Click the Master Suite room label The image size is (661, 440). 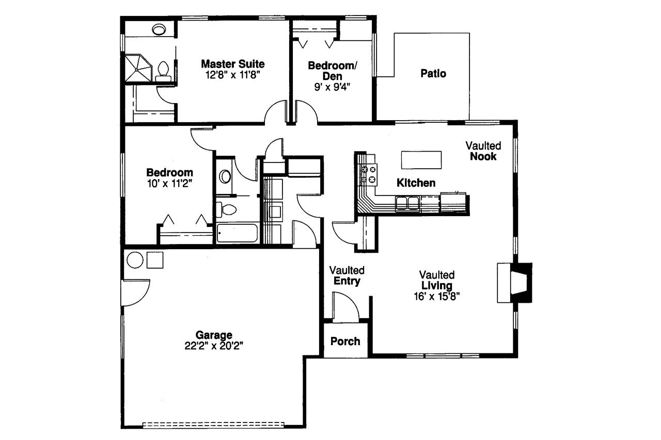pos(232,64)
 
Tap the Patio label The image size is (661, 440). pos(433,74)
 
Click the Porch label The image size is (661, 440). pos(345,341)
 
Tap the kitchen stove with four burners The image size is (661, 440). pos(369,174)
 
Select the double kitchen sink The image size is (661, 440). pos(407,204)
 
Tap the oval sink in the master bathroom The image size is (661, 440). pos(159,29)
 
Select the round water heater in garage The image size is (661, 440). pos(135,260)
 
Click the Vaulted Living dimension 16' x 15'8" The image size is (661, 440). pos(436,296)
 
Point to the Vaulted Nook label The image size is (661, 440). pos(483,151)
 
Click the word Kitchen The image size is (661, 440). pos(416,183)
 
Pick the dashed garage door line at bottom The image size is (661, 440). pos(213,425)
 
